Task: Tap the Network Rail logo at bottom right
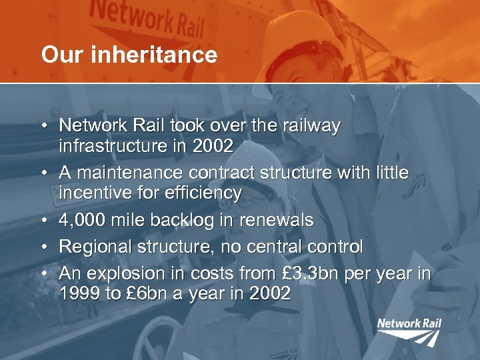click(409, 331)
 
